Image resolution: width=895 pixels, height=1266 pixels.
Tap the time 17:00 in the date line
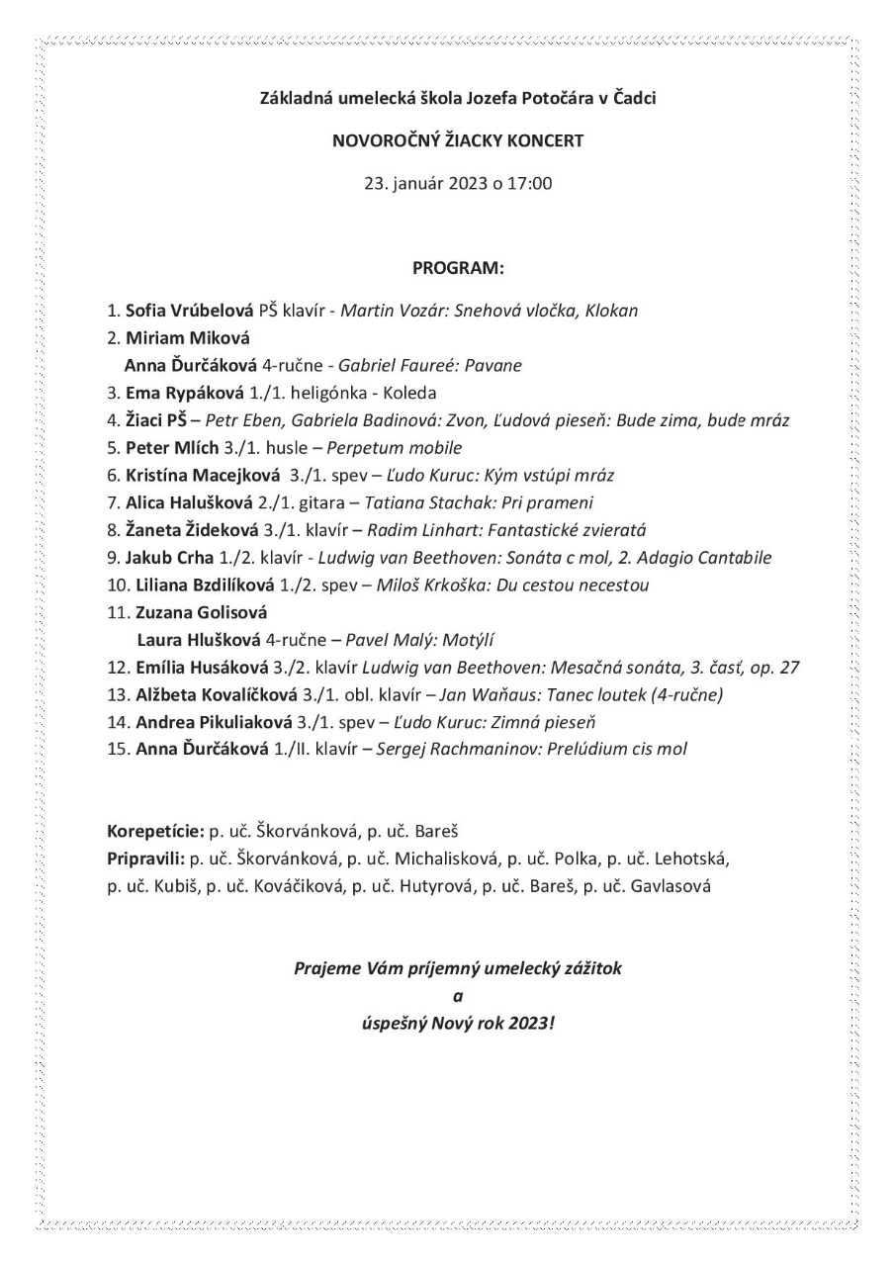529,183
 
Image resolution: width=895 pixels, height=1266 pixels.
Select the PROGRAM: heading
458,268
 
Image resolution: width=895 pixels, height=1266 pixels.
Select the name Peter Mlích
164,447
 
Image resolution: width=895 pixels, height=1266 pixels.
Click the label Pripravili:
145,859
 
